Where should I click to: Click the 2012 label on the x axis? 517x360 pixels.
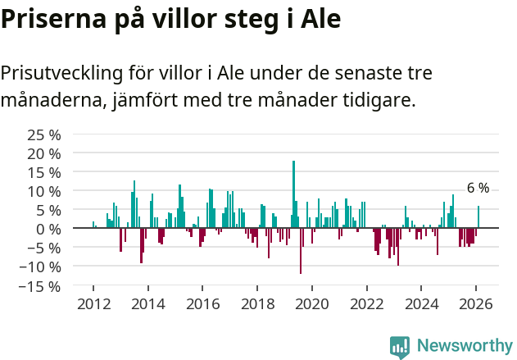93,303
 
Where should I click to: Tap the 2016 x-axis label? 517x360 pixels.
202,303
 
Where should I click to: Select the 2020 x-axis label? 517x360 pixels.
312,303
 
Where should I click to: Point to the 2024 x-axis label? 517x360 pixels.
422,303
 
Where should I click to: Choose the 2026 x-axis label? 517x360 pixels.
476,303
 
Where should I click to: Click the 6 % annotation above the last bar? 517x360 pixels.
478,189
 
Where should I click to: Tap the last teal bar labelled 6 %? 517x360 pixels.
478,217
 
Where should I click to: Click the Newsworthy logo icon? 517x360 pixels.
400,346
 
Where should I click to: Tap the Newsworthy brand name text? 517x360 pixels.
465,346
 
